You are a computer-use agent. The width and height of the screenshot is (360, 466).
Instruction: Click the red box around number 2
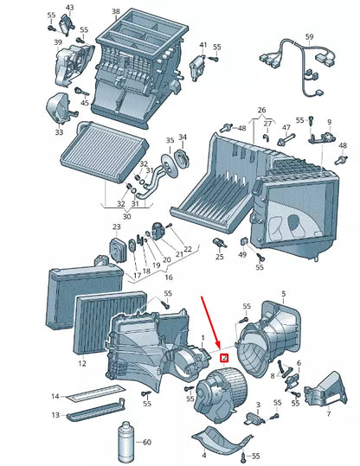(223, 359)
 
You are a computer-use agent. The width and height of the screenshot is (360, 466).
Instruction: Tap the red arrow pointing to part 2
(211, 322)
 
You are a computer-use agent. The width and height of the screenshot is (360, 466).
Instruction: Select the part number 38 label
(116, 11)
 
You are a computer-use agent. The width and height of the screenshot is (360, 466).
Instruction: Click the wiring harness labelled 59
(299, 67)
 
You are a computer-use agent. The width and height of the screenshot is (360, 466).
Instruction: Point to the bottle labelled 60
(127, 441)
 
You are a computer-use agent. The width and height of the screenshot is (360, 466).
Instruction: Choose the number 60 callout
(147, 443)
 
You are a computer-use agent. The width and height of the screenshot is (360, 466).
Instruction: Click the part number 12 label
(82, 363)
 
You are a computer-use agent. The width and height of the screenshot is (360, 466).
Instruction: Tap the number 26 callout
(261, 110)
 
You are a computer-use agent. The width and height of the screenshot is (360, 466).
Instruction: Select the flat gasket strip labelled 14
(94, 392)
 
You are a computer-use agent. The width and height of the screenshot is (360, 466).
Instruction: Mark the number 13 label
(55, 415)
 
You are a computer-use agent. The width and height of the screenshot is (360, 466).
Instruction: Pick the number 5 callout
(284, 294)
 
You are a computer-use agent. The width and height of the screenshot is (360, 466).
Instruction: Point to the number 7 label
(329, 413)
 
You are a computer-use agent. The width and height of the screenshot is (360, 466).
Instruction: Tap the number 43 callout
(69, 7)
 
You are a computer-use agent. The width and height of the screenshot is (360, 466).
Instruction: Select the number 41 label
(202, 45)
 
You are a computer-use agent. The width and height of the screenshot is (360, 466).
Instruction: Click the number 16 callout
(169, 278)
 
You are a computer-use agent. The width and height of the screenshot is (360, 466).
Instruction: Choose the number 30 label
(126, 216)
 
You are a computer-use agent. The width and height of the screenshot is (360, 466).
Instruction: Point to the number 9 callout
(330, 122)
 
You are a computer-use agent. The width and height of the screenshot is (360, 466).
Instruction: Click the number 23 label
(116, 227)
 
